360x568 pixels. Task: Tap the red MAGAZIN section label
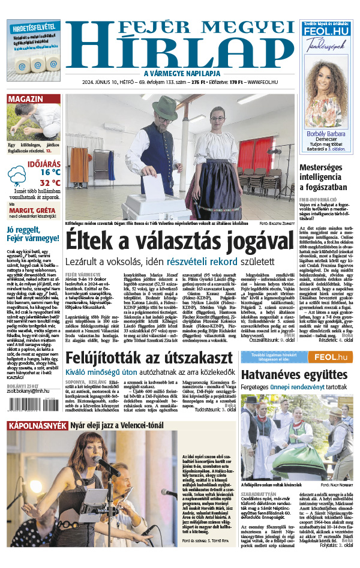click(25, 99)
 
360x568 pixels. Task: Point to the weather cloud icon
click(17, 177)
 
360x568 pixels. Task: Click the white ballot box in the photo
click(156, 207)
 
